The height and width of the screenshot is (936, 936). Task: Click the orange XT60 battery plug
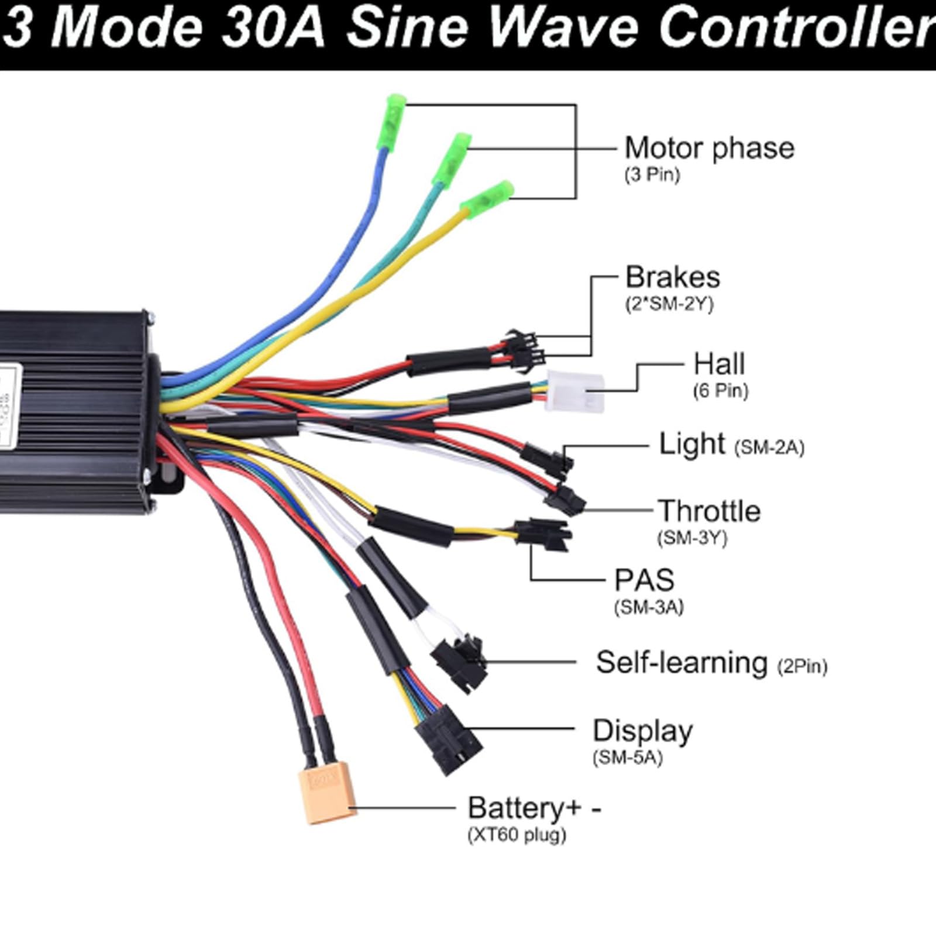tap(327, 793)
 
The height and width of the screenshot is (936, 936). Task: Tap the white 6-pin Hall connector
tap(575, 392)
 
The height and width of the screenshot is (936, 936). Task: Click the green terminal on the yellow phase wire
tap(487, 196)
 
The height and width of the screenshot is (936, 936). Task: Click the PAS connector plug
tap(542, 534)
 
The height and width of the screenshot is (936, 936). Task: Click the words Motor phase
tap(710, 148)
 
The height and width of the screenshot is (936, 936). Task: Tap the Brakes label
tap(673, 277)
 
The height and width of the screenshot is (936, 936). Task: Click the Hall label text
tap(719, 364)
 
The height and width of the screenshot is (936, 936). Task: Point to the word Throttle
tap(709, 511)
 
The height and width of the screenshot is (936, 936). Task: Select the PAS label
tap(644, 580)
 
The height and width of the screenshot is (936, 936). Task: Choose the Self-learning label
tap(682, 663)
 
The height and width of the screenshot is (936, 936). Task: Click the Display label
tap(643, 731)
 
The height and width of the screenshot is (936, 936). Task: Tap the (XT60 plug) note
tap(517, 834)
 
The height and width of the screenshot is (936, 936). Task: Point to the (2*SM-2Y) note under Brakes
tap(670, 304)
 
